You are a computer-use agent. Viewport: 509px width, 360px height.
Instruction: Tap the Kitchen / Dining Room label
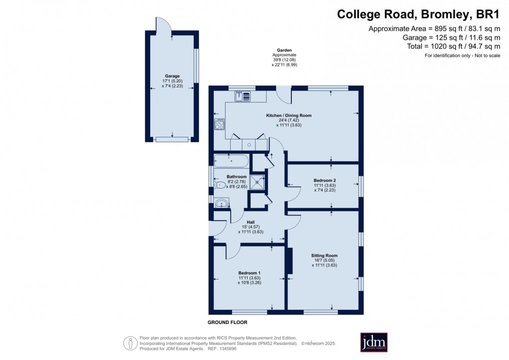[x=288, y=115]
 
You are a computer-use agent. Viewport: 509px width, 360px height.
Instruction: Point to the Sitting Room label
[x=325, y=255]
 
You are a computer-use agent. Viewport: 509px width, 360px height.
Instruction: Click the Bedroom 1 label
[x=249, y=273]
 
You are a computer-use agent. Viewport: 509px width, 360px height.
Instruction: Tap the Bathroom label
[x=237, y=177]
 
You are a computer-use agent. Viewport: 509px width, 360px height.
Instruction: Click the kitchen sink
[x=243, y=96]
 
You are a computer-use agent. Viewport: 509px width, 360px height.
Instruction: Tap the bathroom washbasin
[x=221, y=203]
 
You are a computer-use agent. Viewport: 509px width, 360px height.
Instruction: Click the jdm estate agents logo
[x=374, y=343]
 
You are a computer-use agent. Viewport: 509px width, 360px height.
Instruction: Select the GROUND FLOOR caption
[x=227, y=323]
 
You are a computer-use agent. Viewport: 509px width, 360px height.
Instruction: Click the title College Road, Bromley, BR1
[x=418, y=14]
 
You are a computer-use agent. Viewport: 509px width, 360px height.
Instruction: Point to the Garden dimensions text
[x=284, y=57]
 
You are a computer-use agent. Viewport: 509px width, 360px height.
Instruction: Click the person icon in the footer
[x=130, y=343]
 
